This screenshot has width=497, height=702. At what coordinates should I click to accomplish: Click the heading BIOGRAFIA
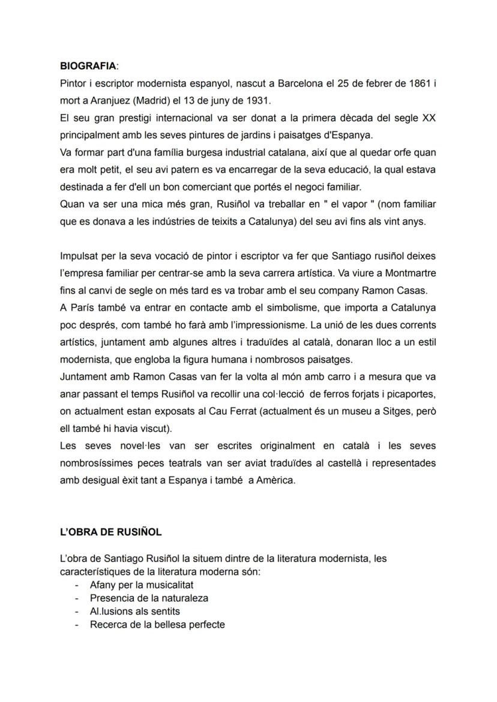click(x=88, y=65)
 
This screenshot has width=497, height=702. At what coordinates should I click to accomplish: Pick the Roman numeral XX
click(x=429, y=118)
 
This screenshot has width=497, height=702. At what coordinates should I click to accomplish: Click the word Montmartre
click(x=407, y=273)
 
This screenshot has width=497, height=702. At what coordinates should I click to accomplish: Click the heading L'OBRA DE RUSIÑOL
click(x=111, y=532)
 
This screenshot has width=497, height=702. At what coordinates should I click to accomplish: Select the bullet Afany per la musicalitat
click(x=142, y=584)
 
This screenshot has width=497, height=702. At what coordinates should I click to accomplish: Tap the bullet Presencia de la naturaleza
click(x=149, y=598)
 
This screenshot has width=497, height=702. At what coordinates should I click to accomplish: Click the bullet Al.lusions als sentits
click(x=134, y=611)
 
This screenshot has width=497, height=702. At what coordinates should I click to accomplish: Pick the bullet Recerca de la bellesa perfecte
click(x=157, y=625)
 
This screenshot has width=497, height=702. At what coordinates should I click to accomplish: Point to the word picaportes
click(x=411, y=395)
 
